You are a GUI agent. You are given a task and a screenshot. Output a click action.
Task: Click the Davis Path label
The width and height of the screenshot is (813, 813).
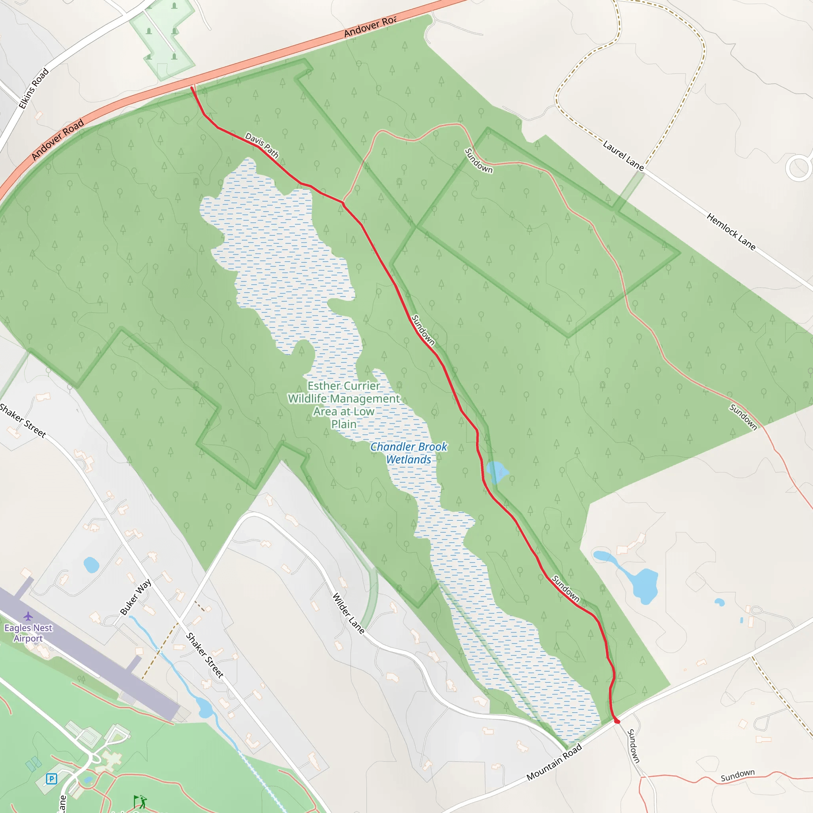click(x=262, y=145)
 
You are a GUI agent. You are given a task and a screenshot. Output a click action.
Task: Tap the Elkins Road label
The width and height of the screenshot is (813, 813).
click(x=34, y=89)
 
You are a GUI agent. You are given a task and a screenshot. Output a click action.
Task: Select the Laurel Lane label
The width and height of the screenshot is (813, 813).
click(x=623, y=156)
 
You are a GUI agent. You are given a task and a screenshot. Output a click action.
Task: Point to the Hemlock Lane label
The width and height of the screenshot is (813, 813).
click(x=731, y=231)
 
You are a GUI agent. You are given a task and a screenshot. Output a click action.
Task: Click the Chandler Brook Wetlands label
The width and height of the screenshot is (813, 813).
click(x=408, y=453)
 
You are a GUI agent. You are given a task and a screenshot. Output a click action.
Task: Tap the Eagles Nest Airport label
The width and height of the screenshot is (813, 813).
click(x=28, y=633)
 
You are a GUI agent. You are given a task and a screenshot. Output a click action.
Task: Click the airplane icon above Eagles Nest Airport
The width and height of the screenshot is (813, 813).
click(x=28, y=616)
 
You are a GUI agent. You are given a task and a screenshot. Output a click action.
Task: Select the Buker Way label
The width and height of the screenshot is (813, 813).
click(x=135, y=597)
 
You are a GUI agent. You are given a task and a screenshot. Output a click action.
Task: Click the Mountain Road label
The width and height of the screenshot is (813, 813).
click(x=554, y=762)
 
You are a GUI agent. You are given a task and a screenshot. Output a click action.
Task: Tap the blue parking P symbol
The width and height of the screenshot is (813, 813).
click(x=51, y=779)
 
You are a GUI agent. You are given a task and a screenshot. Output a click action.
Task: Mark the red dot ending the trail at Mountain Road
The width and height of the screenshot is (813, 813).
click(x=617, y=722)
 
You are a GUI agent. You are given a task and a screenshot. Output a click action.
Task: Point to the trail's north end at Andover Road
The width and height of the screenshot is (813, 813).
click(x=192, y=87)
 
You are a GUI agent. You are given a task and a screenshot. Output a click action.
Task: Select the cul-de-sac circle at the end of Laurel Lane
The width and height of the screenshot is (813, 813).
click(x=798, y=168)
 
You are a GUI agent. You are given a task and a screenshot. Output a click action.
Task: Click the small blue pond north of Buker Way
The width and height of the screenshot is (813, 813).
click(x=91, y=565)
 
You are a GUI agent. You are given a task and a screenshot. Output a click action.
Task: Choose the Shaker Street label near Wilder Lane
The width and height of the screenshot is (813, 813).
click(x=204, y=655)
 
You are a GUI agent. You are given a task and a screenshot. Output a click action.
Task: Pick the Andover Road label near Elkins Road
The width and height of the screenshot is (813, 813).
click(x=58, y=140)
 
